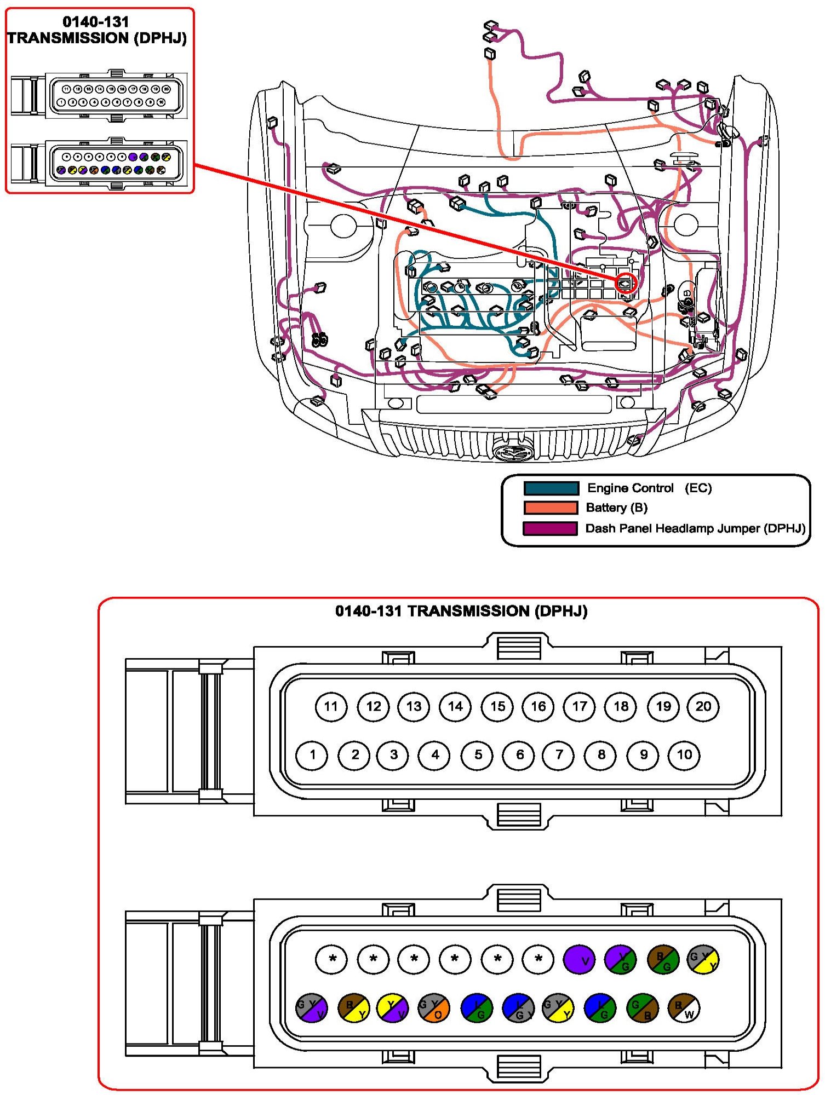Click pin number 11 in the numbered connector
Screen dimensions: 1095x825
[x=331, y=706]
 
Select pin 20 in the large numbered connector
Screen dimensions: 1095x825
[x=703, y=706]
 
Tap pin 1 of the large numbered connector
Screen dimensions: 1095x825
[x=312, y=755]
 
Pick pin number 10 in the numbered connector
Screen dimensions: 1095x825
[x=684, y=755]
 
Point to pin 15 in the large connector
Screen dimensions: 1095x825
[x=497, y=706]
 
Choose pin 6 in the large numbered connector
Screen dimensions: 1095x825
[x=519, y=755]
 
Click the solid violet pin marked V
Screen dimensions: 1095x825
[x=579, y=960]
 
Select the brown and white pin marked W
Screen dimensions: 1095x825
[x=684, y=1008]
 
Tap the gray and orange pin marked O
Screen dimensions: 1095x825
[x=434, y=1008]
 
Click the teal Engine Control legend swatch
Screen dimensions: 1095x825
[x=551, y=488]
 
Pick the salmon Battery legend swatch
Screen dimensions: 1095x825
[x=551, y=508]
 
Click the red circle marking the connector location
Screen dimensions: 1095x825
[x=626, y=284]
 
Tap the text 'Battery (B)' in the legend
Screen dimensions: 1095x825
[x=616, y=508]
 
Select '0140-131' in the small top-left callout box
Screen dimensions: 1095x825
[x=96, y=22]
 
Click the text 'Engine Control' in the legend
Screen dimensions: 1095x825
[x=630, y=488]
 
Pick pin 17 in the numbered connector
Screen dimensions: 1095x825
[x=579, y=706]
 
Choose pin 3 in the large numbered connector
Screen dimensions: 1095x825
[x=393, y=755]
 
